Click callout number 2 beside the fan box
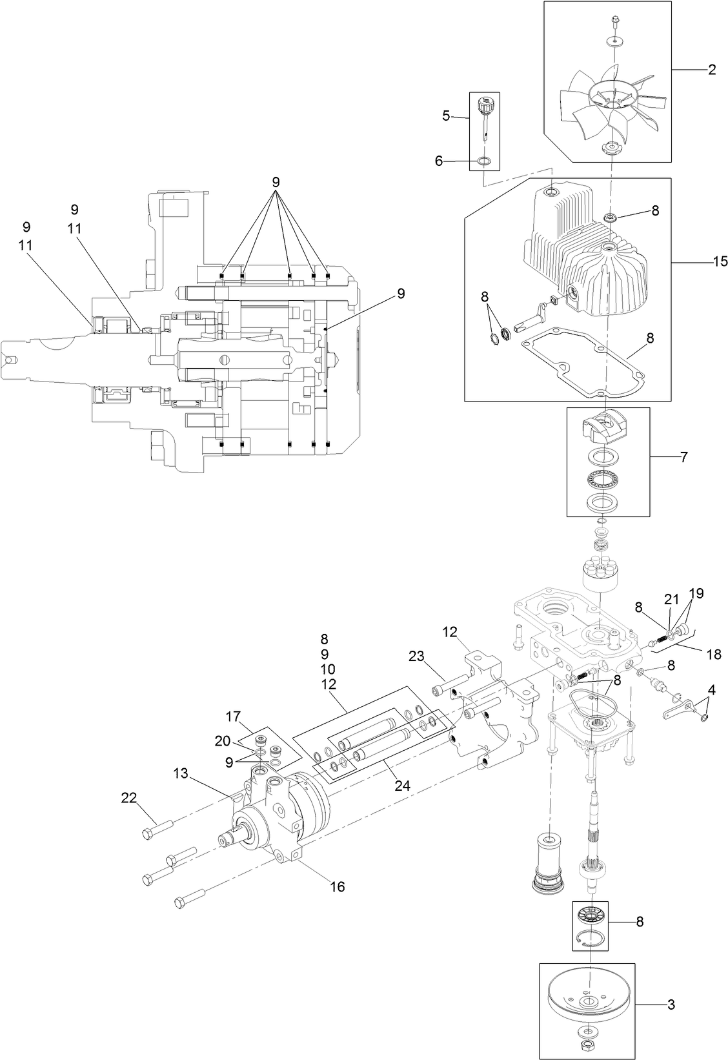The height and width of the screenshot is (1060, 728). click(712, 70)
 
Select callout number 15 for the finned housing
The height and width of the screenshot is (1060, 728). click(720, 261)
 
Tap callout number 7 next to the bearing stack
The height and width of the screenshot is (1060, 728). click(683, 458)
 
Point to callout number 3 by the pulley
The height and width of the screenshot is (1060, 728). click(671, 1004)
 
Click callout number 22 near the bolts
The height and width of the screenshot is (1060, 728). click(128, 799)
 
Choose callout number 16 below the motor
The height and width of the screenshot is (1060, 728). click(338, 887)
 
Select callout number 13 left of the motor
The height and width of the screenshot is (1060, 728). click(181, 773)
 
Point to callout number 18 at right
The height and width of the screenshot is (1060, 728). click(713, 654)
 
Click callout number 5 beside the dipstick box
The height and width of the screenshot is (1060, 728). click(446, 116)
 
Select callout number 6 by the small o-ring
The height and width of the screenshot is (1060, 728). click(439, 161)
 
